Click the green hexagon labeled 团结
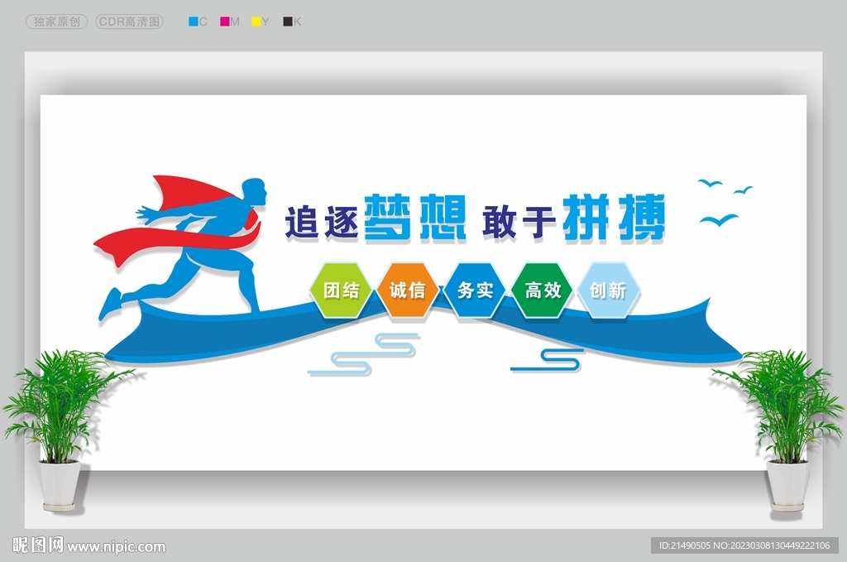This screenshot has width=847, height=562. click(341, 291)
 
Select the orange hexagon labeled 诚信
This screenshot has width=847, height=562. click(407, 291)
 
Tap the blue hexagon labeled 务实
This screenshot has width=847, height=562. click(474, 291)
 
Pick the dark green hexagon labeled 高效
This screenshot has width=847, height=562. click(542, 291)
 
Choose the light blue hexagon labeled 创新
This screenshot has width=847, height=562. click(609, 291)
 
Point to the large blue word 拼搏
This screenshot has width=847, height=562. click(615, 218)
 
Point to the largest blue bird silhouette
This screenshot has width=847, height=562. click(719, 219)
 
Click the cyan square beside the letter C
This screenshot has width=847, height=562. click(194, 22)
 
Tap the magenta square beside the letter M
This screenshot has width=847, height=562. click(224, 22)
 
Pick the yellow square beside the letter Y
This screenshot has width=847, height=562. click(256, 22)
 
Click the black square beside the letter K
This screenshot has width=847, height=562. click(287, 22)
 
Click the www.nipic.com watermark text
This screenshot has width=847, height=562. click(116, 546)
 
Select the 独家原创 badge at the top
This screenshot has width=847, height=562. click(57, 22)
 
